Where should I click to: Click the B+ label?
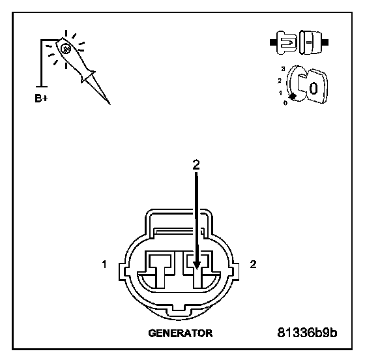41,98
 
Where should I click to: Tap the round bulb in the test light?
65,49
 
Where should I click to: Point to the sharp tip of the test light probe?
109,104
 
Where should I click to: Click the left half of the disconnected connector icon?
284,42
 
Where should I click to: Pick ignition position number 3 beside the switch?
283,69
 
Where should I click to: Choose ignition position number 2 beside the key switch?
280,81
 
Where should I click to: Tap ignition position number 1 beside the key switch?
281,93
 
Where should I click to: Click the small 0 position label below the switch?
285,103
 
